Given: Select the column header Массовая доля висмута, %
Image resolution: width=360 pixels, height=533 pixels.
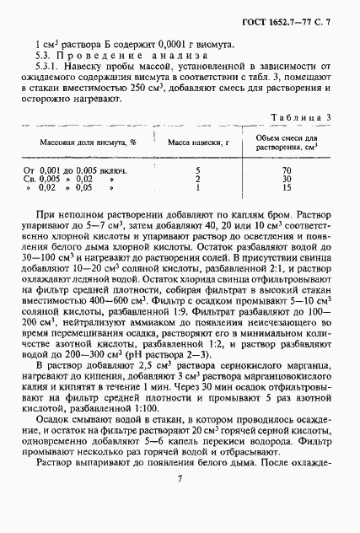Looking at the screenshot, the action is pyautogui.click(x=85, y=144).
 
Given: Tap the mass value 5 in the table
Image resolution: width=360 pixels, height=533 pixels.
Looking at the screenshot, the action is pyautogui.click(x=196, y=170).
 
